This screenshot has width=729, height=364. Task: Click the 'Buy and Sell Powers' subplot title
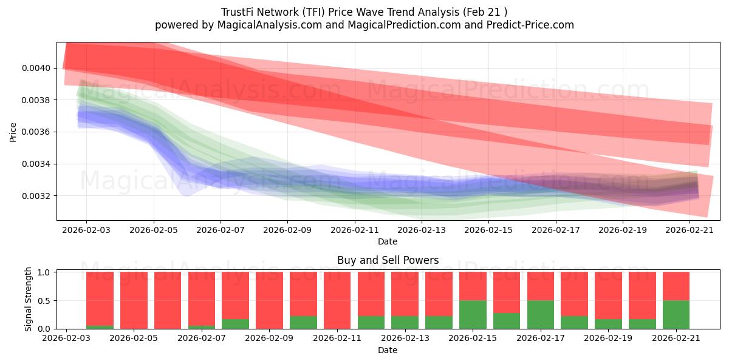click(x=388, y=260)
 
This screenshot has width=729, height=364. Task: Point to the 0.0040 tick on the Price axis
click(x=36, y=68)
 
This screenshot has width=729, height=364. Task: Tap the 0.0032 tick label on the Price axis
click(x=36, y=196)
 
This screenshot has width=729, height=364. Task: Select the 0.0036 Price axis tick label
click(x=36, y=132)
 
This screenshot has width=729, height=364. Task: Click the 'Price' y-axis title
click(x=13, y=132)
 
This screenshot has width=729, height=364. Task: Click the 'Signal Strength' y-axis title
click(x=28, y=299)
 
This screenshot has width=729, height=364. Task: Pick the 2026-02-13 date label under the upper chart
click(x=422, y=230)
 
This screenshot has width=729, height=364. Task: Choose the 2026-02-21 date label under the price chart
click(x=690, y=230)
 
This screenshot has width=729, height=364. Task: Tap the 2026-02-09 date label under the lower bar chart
click(x=269, y=338)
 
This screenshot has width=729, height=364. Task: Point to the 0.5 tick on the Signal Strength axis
click(x=44, y=301)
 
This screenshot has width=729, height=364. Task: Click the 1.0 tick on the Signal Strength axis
click(x=44, y=272)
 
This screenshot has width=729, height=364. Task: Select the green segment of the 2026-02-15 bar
click(x=473, y=315)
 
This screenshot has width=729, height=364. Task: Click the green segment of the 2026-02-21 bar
click(x=676, y=315)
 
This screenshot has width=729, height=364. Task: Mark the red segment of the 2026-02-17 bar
click(x=541, y=286)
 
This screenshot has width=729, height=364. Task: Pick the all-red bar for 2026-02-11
click(x=337, y=300)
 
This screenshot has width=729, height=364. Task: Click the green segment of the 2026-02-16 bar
click(x=507, y=321)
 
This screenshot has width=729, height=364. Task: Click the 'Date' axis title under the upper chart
click(x=388, y=241)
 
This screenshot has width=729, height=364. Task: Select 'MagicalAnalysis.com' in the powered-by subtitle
click(x=270, y=25)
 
